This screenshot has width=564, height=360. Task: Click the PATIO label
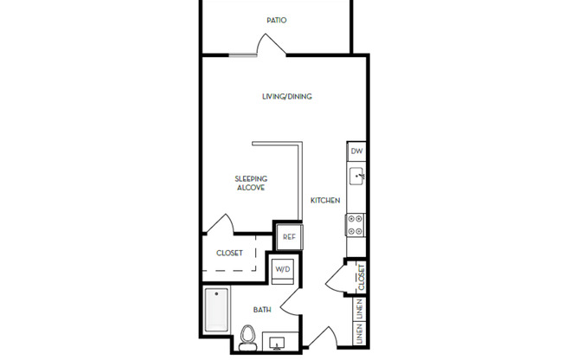click(x=276, y=20)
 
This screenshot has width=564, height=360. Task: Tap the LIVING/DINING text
click(x=286, y=96)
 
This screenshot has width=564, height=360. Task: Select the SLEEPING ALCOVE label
click(x=251, y=183)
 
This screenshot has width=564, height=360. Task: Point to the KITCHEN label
click(x=325, y=201)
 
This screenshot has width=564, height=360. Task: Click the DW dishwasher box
click(x=356, y=151)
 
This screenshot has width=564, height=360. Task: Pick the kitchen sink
click(x=356, y=177)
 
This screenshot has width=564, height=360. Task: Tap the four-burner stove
click(x=356, y=225)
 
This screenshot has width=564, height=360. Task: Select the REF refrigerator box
click(x=288, y=236)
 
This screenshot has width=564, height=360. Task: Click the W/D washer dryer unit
click(x=284, y=269)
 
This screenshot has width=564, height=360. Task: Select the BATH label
click(x=263, y=309)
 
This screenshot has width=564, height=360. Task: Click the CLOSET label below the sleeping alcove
click(x=229, y=254)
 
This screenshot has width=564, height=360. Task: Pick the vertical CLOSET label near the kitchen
click(x=361, y=277)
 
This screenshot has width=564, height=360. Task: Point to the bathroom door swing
click(x=291, y=300)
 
